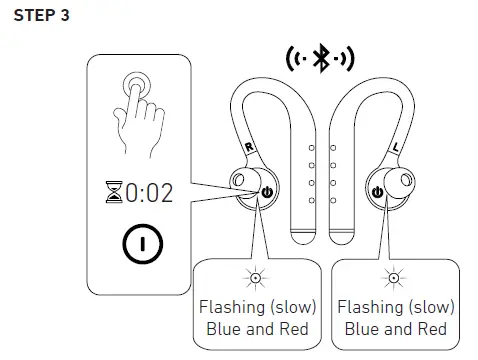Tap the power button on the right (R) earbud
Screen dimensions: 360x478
[x=266, y=193]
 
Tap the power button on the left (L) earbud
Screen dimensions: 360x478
[x=377, y=193]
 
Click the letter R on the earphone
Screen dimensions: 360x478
[x=247, y=147]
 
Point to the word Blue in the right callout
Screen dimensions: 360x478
[x=359, y=329]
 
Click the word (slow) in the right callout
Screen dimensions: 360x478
[x=428, y=307]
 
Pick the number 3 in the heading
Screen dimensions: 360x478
[x=78, y=19]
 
